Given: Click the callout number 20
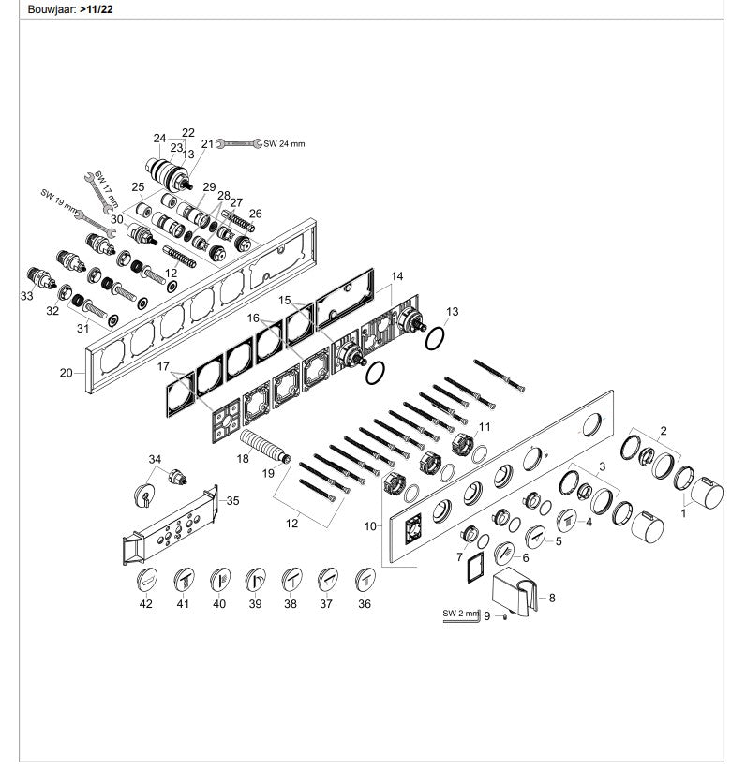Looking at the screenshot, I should [66, 372].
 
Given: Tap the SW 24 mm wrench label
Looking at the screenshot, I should [284, 144].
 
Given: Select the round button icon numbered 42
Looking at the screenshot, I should [147, 581].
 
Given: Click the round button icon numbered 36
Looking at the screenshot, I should [365, 581].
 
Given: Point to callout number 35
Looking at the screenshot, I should [233, 500].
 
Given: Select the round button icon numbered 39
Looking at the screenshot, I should [255, 581].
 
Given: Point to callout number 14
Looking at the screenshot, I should [397, 276].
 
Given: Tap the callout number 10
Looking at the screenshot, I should [372, 526].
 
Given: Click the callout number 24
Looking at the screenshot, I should [160, 137].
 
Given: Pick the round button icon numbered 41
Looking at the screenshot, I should [183, 581].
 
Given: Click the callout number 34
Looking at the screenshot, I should [155, 458].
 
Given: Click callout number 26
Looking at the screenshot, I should [255, 214].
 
